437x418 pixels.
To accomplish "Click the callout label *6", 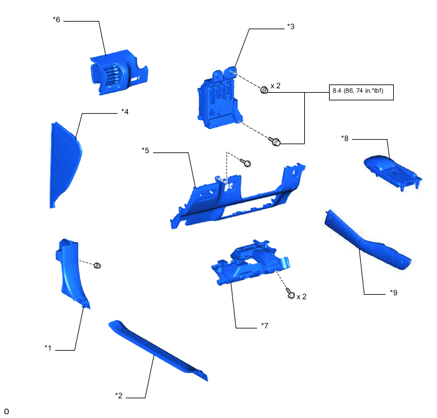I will pos(57,20).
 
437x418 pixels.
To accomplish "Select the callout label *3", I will pos(291,27).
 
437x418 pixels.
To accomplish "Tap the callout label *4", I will pos(125,112).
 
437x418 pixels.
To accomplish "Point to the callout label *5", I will pos(145,151).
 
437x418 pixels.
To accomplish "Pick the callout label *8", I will pos(345,138).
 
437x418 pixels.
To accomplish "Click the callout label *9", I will pos(394,293).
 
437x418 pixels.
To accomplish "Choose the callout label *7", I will pos(265,326).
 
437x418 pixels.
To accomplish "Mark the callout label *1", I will pos(48,347).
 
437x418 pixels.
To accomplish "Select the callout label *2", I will pos(119,396).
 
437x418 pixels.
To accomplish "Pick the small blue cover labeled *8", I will pos(393,171).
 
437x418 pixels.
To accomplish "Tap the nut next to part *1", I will pos(98,265).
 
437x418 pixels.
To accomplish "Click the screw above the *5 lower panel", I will pos(247,164).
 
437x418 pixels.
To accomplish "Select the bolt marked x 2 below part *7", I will pos(290,294).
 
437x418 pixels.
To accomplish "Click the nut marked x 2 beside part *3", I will pos(264,91).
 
